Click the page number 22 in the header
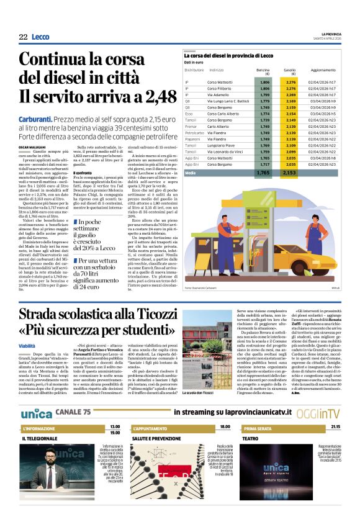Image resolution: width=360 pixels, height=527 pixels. pos(23,37)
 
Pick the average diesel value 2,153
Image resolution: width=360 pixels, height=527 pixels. pos(289,173)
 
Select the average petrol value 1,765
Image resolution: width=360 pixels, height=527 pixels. pos(263,173)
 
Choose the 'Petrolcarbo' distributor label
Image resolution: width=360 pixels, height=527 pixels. pos(194,132)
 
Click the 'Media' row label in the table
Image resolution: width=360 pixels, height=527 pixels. pos(190,173)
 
